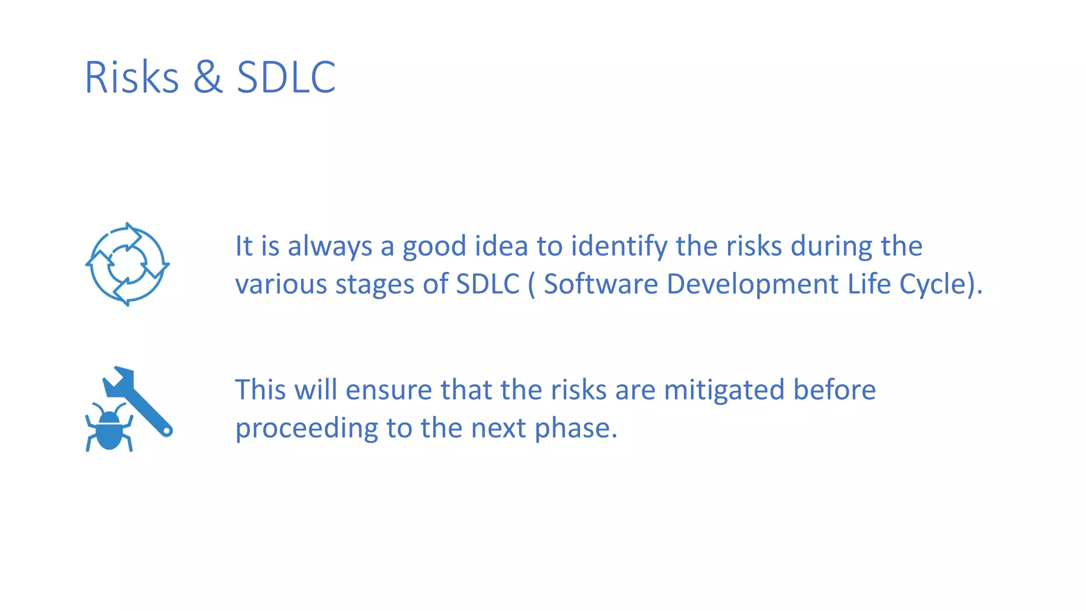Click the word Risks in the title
(x=132, y=77)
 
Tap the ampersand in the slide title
(x=207, y=77)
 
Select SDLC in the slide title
(x=286, y=77)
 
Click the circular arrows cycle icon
(x=127, y=264)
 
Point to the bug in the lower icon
(x=109, y=429)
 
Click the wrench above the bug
(x=139, y=398)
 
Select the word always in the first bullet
(x=330, y=247)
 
